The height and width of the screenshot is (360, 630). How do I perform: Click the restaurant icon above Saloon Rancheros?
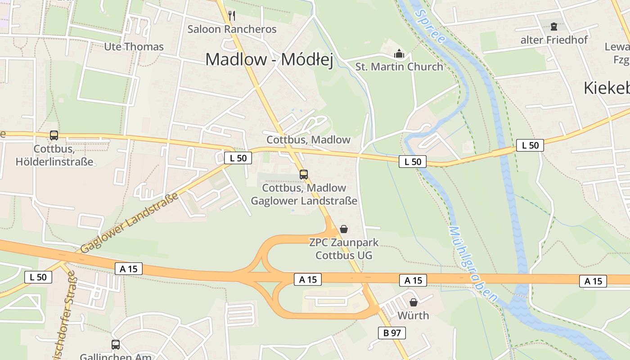(x=232, y=16)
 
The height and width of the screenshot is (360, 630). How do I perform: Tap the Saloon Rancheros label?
(x=232, y=29)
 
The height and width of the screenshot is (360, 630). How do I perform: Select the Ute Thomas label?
(x=134, y=47)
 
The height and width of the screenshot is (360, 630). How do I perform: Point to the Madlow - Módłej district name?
(x=269, y=59)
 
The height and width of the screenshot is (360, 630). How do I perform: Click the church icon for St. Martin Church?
(x=399, y=54)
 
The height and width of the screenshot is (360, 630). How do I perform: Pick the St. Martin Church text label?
(x=399, y=67)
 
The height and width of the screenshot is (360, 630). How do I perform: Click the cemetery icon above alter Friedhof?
(x=553, y=27)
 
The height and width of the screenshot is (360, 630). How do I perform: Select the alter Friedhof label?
(x=554, y=40)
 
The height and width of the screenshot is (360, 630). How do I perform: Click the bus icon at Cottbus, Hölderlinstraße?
(x=54, y=135)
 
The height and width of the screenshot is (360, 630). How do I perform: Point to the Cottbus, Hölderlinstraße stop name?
(x=54, y=155)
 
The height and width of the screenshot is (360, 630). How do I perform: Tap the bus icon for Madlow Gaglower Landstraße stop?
(x=304, y=175)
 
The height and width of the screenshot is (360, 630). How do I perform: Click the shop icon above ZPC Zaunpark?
(x=344, y=229)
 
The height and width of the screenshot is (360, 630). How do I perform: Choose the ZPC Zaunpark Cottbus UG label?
(x=344, y=249)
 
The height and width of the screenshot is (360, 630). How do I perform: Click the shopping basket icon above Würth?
(x=413, y=302)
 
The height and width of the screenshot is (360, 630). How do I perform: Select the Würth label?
(x=413, y=315)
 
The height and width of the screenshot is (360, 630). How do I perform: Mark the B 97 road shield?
(x=391, y=333)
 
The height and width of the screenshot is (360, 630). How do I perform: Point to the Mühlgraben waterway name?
(x=472, y=263)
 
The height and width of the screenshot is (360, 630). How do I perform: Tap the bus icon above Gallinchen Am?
(x=116, y=345)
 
